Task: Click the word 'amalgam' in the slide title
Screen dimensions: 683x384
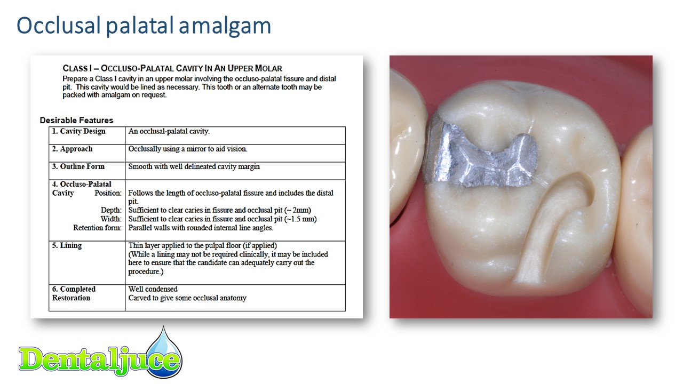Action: coord(225,26)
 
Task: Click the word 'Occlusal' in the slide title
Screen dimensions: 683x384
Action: coord(59,25)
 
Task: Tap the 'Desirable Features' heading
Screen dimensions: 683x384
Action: coord(76,121)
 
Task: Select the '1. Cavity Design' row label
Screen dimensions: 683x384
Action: coord(78,131)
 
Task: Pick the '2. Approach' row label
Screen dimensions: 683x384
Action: coord(72,149)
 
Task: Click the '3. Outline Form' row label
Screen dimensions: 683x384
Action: coord(78,166)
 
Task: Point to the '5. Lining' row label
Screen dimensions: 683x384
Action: coord(67,246)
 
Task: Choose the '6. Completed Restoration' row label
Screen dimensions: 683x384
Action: coord(74,293)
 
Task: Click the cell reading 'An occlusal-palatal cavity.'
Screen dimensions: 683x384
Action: coord(169,131)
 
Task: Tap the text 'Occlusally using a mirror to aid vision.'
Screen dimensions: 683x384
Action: coord(188,149)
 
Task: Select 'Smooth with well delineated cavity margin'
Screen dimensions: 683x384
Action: coord(194,167)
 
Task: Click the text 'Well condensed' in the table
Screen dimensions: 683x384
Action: coord(153,289)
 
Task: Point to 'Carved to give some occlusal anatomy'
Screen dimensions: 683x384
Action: coord(187,298)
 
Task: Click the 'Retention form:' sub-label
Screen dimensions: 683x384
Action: coord(97,228)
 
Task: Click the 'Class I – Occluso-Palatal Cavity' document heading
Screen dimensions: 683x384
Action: coord(172,68)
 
